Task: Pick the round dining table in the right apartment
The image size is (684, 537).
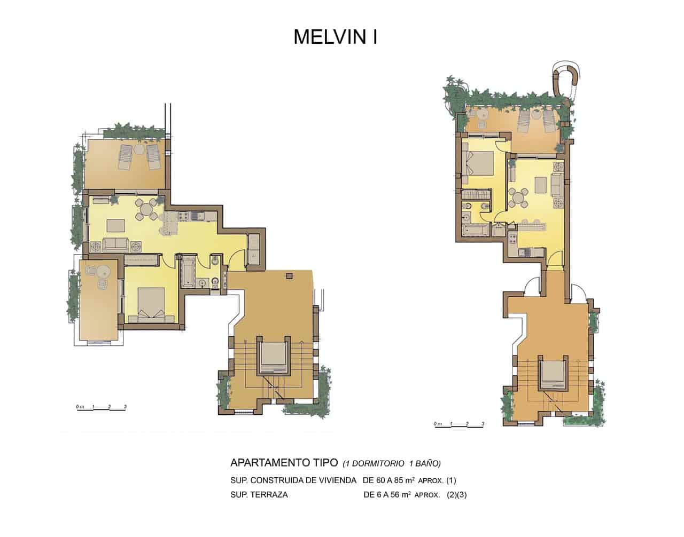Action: coord(518,197)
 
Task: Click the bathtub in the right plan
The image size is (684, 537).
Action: coord(475,230)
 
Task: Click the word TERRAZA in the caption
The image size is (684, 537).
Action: coord(272,494)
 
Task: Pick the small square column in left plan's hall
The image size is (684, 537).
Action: coord(290,276)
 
